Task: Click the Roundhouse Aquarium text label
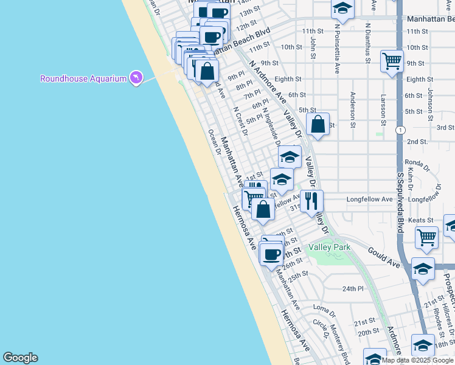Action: tap(83, 78)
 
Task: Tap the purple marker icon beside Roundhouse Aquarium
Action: tap(136, 78)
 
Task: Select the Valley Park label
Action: tap(329, 247)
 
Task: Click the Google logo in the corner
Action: tap(20, 358)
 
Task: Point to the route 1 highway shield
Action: tap(400, 130)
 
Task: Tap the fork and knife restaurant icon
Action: tap(311, 200)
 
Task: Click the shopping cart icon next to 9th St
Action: tap(392, 60)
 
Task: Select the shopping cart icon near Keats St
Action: tap(426, 237)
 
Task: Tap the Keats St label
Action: tap(421, 220)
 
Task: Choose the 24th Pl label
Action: tap(352, 288)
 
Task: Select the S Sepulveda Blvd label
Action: tap(400, 201)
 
